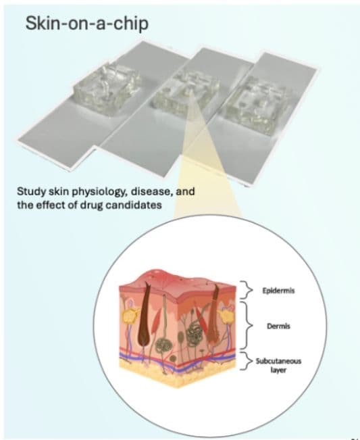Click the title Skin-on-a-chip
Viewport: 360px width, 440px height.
pyautogui.click(x=87, y=23)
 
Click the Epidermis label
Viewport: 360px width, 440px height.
pyautogui.click(x=278, y=291)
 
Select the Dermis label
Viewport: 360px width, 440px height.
pyautogui.click(x=278, y=326)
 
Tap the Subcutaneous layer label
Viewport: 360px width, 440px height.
pyautogui.click(x=278, y=366)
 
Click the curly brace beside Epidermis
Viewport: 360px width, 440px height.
pyautogui.click(x=246, y=289)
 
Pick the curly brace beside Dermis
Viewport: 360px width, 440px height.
pyautogui.click(x=246, y=326)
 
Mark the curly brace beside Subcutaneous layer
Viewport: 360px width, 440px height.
pyautogui.click(x=246, y=360)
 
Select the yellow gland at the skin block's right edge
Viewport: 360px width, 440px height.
pyautogui.click(x=226, y=316)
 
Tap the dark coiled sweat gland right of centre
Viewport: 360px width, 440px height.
pyautogui.click(x=193, y=333)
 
